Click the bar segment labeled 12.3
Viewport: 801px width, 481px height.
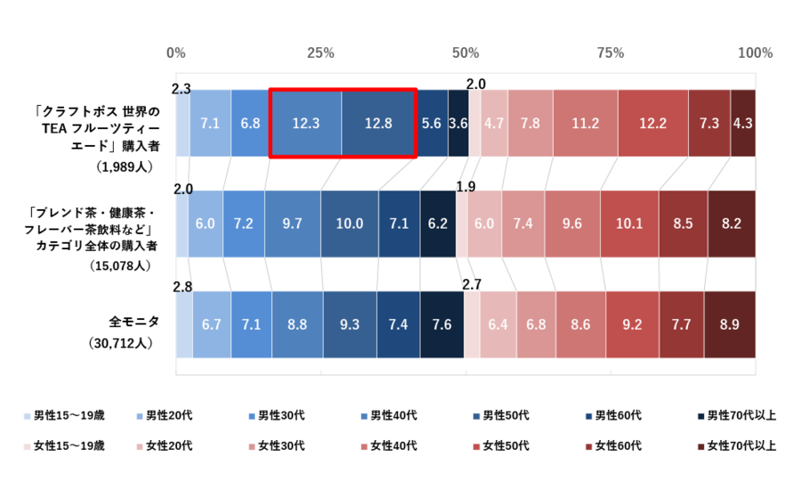point(305,123)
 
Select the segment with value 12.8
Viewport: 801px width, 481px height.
point(378,123)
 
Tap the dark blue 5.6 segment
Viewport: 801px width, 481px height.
point(432,123)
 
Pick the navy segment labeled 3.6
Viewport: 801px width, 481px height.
point(458,123)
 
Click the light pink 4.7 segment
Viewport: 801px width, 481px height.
point(494,123)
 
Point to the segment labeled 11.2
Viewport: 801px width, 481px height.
point(585,123)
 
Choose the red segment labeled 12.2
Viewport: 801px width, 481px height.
point(652,123)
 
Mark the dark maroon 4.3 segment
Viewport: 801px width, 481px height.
point(743,123)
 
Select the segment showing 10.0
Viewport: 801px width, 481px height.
point(350,224)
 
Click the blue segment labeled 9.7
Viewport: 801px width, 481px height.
point(293,224)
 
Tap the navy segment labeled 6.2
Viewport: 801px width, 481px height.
point(438,224)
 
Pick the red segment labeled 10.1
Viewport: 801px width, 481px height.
point(629,224)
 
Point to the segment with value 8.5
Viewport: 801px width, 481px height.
point(683,224)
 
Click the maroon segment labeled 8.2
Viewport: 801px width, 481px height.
point(732,224)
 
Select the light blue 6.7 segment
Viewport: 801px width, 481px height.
point(212,324)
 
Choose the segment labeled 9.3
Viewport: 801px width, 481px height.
point(350,324)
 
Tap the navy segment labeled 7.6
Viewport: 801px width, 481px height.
point(442,324)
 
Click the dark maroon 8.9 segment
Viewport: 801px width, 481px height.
point(730,324)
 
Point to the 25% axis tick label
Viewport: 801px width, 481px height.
point(320,53)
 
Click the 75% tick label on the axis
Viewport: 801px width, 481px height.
point(611,53)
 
